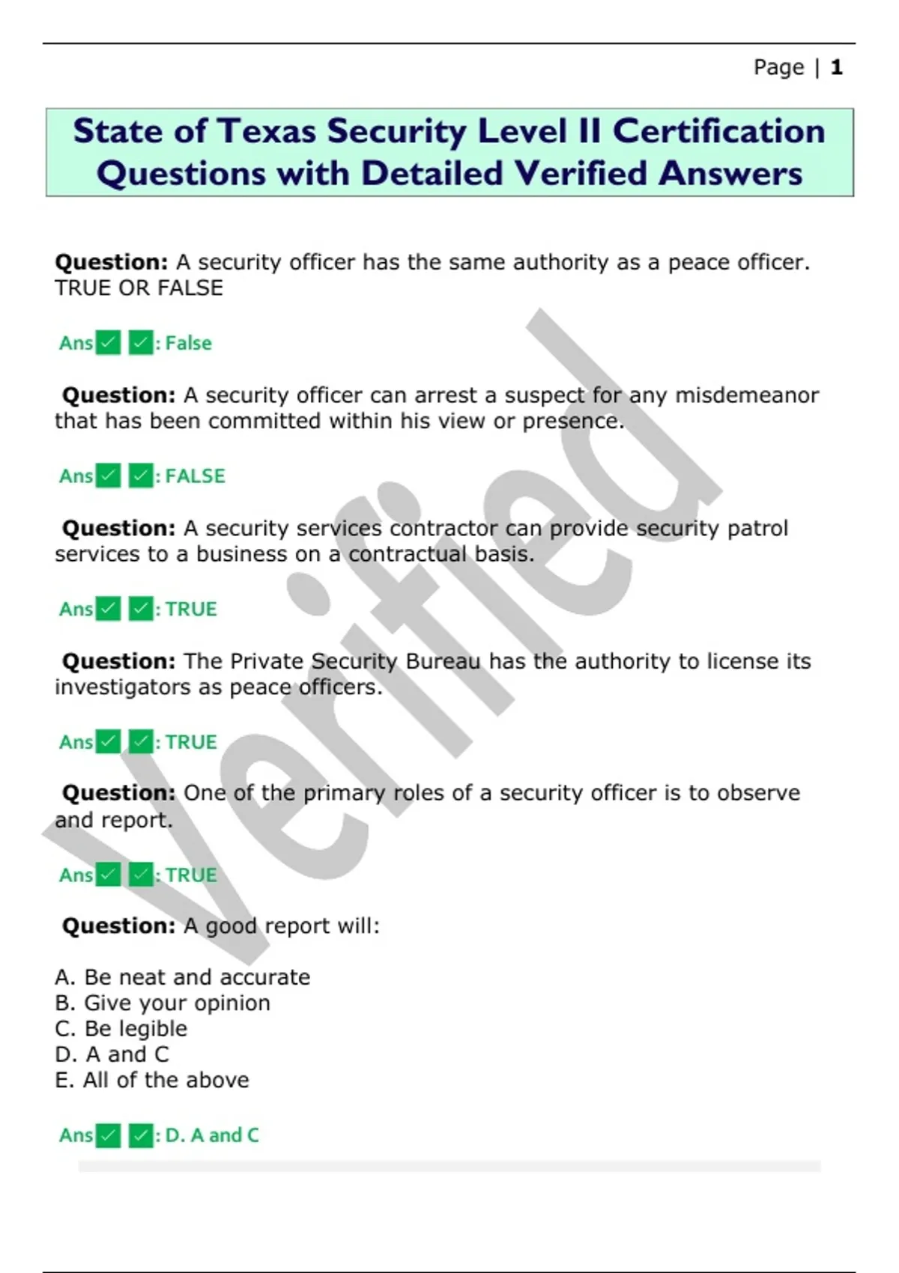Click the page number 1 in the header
pyautogui.click(x=836, y=67)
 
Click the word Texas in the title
pyautogui.click(x=266, y=131)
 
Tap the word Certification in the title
pyautogui.click(x=718, y=131)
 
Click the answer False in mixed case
pyautogui.click(x=188, y=343)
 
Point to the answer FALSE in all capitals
pyautogui.click(x=195, y=476)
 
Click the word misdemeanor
pyautogui.click(x=747, y=395)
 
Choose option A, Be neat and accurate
pyautogui.click(x=182, y=977)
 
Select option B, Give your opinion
pyautogui.click(x=163, y=1003)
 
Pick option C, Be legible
pyautogui.click(x=121, y=1029)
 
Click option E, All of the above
pyautogui.click(x=152, y=1080)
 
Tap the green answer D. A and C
pyautogui.click(x=211, y=1135)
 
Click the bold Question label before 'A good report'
pyautogui.click(x=118, y=926)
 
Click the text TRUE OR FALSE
pyautogui.click(x=139, y=288)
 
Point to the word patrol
pyautogui.click(x=758, y=528)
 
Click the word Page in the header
pyautogui.click(x=778, y=67)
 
